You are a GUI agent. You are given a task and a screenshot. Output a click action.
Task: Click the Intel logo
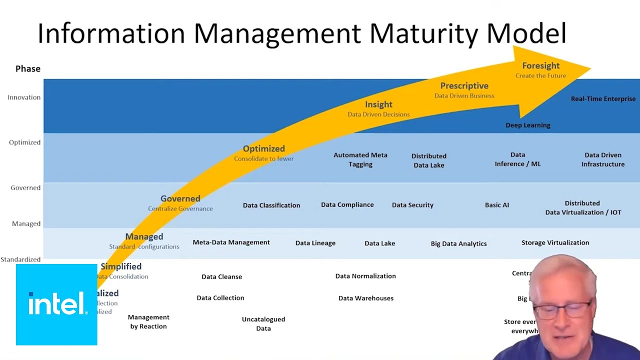coord(56,304)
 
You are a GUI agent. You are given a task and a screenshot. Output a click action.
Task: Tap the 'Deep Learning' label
coord(527,125)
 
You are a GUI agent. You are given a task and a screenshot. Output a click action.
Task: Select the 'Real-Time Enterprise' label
coord(603,99)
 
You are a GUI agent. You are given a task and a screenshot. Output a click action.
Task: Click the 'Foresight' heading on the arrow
coord(540,66)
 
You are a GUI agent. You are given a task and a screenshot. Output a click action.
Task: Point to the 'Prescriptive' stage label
coord(464,86)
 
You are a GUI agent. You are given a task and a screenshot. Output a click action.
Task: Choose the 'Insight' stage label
coord(378,104)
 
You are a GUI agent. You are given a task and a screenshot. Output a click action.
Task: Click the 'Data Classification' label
coord(271,205)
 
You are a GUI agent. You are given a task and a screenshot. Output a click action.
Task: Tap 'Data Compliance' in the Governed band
coord(347,205)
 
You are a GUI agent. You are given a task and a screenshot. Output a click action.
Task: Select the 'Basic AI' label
coord(496,205)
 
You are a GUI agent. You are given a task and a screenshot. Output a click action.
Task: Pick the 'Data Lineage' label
coord(315,243)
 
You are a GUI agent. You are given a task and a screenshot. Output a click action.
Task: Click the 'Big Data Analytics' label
coord(458,243)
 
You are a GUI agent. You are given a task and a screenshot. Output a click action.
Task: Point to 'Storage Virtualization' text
coord(555,243)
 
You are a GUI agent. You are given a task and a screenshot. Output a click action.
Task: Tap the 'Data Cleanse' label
coord(221,277)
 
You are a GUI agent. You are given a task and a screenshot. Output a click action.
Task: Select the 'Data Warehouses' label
coord(365,298)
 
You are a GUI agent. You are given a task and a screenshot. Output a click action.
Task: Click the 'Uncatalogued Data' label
coord(263,324)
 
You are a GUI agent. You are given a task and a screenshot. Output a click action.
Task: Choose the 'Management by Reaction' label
coord(148,322)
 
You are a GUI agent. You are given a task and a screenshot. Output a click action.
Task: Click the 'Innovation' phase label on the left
coord(24,97)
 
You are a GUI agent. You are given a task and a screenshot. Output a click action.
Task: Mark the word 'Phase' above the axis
coord(28,69)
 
